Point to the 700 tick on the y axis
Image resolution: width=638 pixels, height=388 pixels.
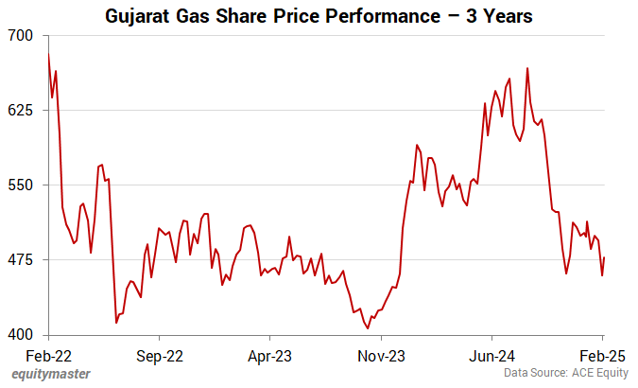(x=21, y=35)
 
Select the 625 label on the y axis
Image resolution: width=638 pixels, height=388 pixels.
(x=21, y=110)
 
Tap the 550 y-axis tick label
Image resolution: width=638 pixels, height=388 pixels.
(x=21, y=185)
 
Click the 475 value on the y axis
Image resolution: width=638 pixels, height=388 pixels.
(x=21, y=259)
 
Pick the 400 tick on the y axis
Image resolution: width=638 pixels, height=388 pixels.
(x=21, y=334)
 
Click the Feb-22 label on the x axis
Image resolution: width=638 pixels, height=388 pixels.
(x=48, y=358)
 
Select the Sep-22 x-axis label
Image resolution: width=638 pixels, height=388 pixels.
(x=160, y=358)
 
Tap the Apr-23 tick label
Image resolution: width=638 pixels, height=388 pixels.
(x=270, y=358)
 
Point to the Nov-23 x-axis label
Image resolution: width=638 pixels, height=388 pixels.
(x=381, y=358)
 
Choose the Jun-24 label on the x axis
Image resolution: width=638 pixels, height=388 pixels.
(x=491, y=358)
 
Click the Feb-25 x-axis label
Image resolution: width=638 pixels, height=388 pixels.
(x=602, y=358)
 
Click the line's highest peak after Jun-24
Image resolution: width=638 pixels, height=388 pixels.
(x=526, y=68)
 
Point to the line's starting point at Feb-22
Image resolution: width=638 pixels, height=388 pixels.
(x=48, y=55)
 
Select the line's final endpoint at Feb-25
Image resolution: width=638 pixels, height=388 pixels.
(x=604, y=257)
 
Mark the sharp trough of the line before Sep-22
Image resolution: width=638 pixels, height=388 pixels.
(x=116, y=323)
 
